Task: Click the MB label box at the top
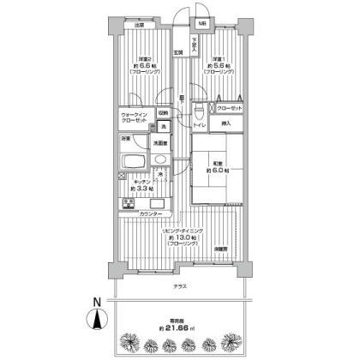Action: pyautogui.click(x=202, y=24)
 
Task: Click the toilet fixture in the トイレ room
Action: pyautogui.click(x=199, y=113)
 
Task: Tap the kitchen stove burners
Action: pyautogui.click(x=129, y=204)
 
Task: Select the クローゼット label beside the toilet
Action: pyautogui.click(x=228, y=108)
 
